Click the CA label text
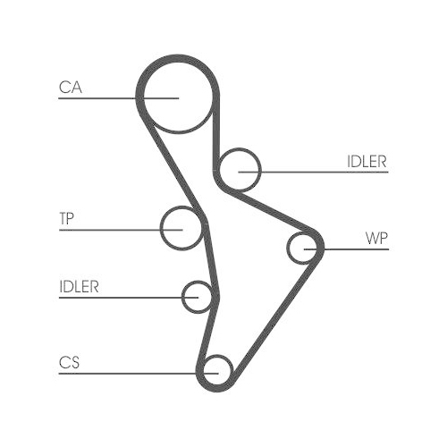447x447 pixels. click(71, 88)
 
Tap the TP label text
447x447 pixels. click(66, 218)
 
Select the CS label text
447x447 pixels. click(69, 362)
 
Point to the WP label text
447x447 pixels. click(376, 238)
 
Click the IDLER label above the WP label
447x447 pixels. click(367, 162)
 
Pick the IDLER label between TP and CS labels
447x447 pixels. click(79, 287)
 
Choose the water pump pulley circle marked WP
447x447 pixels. click(288, 248)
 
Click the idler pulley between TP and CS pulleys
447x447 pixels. click(182, 297)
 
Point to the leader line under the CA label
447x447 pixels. click(119, 98)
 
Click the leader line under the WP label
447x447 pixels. click(346, 249)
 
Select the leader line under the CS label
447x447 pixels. click(139, 373)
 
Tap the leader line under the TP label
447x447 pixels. click(121, 230)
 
